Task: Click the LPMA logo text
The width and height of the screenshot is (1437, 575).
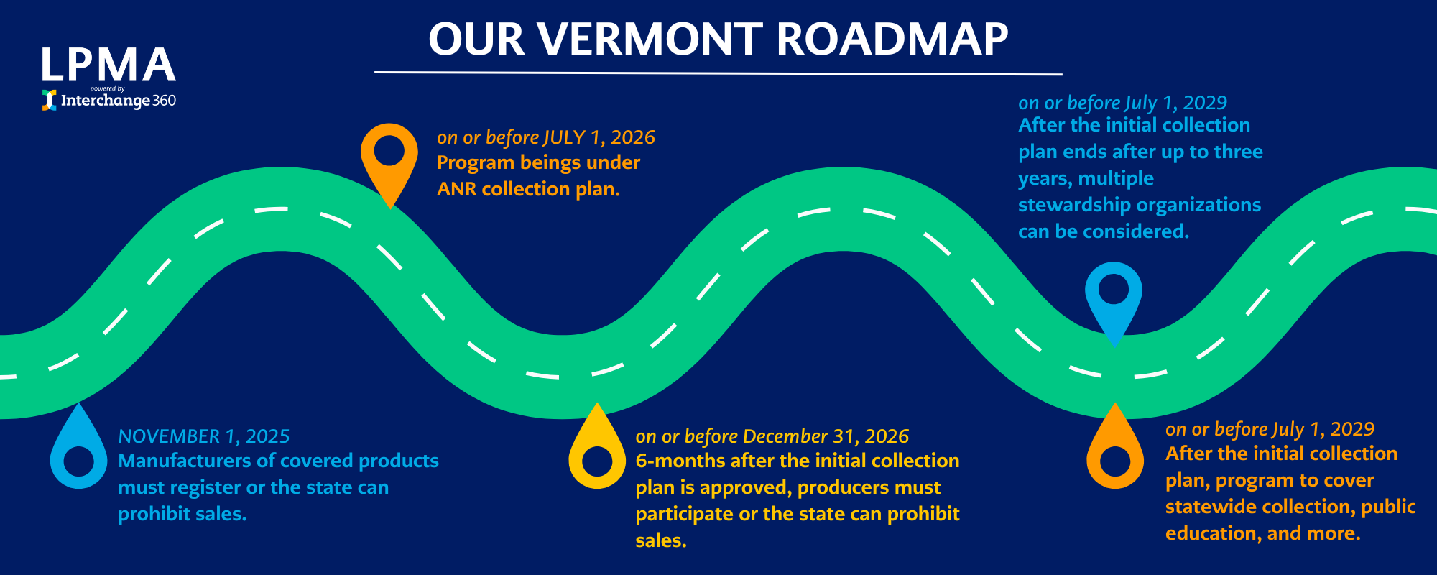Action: point(108,65)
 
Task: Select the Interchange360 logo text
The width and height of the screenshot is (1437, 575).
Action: point(118,101)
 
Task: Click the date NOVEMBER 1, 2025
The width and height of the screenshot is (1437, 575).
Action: point(204,436)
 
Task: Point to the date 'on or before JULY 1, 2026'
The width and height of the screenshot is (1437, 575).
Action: point(546,137)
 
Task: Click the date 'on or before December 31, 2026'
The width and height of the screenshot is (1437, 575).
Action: point(772,436)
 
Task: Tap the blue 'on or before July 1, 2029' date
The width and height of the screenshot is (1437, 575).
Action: point(1123,103)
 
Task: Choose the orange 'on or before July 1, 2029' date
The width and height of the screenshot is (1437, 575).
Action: point(1270,429)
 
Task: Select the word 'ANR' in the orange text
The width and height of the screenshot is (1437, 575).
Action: point(457,189)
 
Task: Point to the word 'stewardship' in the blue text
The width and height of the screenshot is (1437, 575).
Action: point(1075,206)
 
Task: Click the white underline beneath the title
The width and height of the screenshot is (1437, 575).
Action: point(718,73)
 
